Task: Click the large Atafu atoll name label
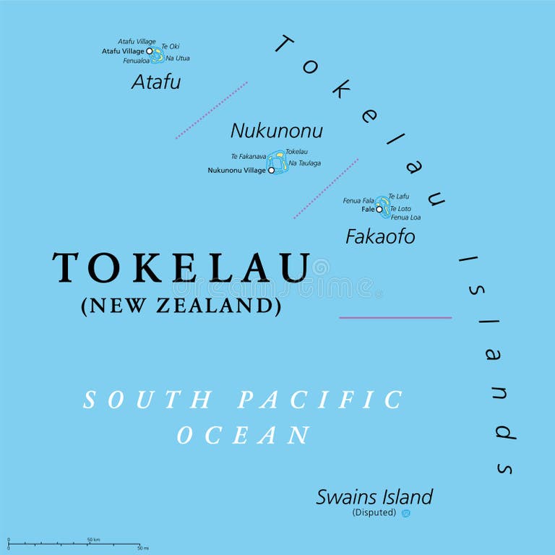click(156, 82)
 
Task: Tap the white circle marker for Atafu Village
click(150, 51)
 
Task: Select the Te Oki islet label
click(171, 46)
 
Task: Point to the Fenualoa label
click(136, 61)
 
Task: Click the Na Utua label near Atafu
click(178, 58)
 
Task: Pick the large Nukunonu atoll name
click(276, 131)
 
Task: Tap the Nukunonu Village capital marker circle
click(272, 171)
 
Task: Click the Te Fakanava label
click(248, 156)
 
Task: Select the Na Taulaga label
click(304, 163)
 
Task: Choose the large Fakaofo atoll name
click(380, 236)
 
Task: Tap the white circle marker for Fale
click(379, 209)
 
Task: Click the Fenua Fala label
click(358, 200)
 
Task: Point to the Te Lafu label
click(399, 196)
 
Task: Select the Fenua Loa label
click(405, 217)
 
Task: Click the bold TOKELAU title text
click(181, 268)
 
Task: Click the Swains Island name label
click(374, 497)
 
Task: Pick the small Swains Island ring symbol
click(406, 513)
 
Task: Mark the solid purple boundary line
click(395, 317)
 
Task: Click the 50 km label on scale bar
click(93, 539)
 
